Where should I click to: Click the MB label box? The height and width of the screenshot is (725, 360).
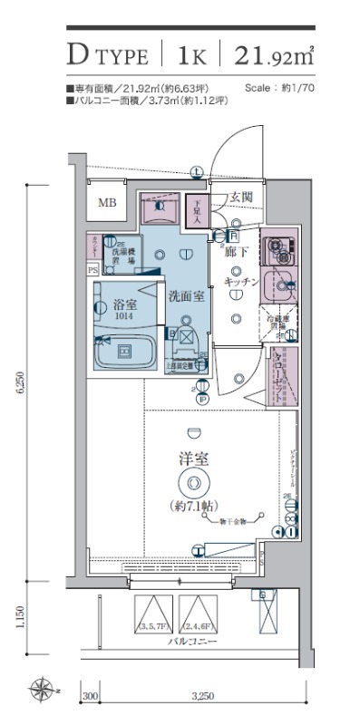click(108, 203)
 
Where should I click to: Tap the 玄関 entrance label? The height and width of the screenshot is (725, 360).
click(240, 197)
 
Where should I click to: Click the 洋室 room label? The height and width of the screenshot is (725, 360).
click(191, 459)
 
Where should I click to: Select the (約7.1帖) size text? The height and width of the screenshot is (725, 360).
click(191, 504)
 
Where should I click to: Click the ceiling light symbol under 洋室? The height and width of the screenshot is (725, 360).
click(191, 482)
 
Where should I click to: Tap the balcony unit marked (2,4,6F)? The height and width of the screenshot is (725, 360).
click(199, 614)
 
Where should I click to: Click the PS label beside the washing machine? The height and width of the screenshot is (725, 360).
click(92, 270)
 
